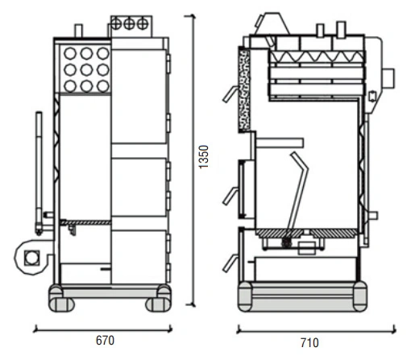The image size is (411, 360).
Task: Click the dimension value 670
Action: tap(105, 341)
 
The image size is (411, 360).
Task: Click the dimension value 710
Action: tap(309, 343)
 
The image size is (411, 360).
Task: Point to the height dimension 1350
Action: tap(203, 157)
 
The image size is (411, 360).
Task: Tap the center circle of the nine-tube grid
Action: tap(86, 70)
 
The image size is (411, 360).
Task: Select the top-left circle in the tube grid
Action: tap(70, 54)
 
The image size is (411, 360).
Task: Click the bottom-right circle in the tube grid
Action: tap(103, 86)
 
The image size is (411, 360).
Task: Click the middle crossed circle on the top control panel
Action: tap(129, 23)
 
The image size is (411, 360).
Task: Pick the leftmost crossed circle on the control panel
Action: tap(116, 23)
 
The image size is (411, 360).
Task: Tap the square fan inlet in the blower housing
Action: tap(32, 258)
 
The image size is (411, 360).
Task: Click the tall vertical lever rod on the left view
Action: tap(39, 172)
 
